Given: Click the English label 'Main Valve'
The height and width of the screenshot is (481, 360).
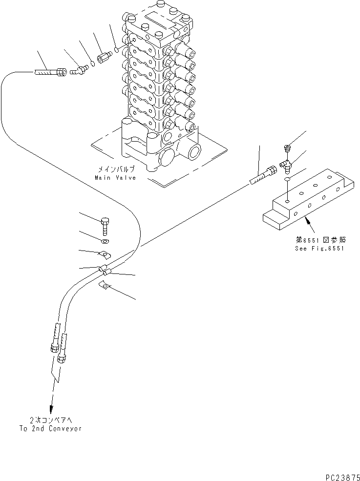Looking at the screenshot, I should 115,178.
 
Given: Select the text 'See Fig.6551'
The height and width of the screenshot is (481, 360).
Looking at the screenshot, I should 319,248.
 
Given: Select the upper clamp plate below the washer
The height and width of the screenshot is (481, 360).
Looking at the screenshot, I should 105,254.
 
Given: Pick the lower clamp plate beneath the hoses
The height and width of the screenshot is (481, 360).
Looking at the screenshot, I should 104,285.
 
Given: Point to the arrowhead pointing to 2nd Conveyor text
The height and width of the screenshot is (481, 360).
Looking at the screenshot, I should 50,410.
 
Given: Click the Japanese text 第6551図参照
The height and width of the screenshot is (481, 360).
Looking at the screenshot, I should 319,240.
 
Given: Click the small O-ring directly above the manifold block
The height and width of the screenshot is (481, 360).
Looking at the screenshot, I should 287,181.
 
